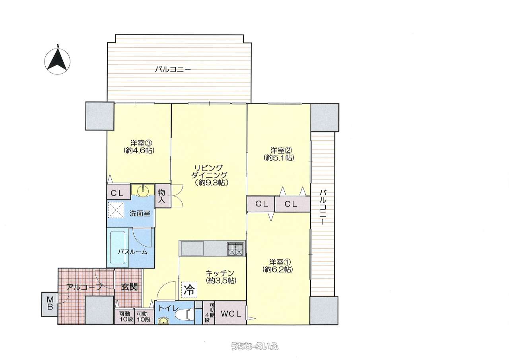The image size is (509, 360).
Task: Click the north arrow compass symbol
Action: [58, 61]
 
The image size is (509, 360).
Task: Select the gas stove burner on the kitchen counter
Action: [236, 248]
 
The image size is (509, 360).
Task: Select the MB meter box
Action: [50, 304]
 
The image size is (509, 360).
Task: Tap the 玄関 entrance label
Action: [129, 287]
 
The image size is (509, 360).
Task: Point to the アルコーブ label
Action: [85, 287]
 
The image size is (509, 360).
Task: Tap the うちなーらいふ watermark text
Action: [254, 346]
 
